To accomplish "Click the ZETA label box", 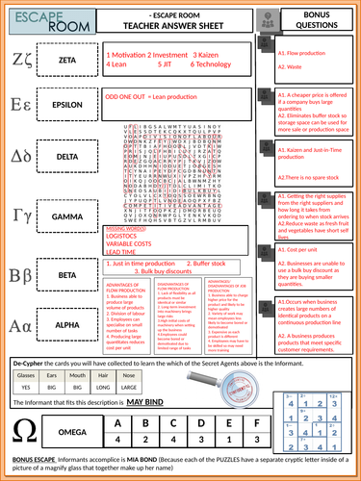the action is [x=68, y=60].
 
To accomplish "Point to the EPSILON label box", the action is [x=68, y=106].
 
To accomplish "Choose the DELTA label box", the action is [x=68, y=152].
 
